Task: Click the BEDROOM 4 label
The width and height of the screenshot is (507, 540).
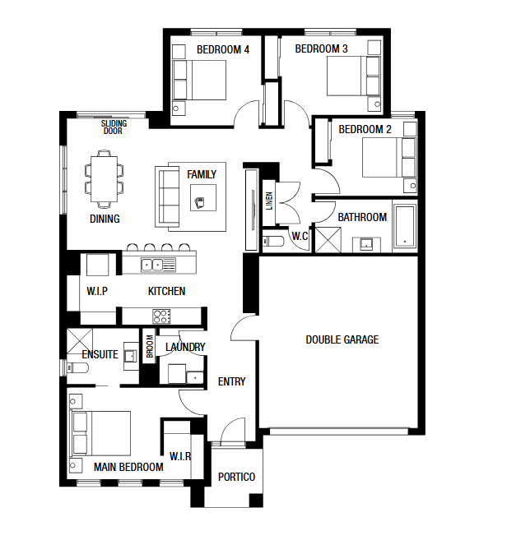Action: [223, 49]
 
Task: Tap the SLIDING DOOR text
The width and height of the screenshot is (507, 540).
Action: [114, 127]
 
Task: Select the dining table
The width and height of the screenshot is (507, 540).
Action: [105, 179]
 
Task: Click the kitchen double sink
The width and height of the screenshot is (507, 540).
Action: [152, 265]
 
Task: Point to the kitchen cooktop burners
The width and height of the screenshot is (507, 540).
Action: [161, 316]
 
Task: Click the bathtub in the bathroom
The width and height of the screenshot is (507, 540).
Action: [405, 226]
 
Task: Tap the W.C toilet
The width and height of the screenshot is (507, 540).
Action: [272, 241]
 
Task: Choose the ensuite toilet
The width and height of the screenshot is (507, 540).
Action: [77, 367]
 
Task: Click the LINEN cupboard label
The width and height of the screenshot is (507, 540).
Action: [269, 201]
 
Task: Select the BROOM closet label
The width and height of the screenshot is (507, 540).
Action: [150, 347]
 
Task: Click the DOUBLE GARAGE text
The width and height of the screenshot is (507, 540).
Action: [342, 339]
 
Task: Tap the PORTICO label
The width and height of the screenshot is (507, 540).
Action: [236, 477]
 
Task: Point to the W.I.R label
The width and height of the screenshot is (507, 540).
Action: [180, 457]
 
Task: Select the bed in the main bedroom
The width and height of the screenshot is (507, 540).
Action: [100, 433]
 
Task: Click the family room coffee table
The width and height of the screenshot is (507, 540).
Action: [203, 198]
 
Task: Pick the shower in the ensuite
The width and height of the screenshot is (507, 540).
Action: [80, 341]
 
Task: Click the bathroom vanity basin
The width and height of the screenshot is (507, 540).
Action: [366, 244]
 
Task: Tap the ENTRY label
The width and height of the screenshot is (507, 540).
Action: [232, 381]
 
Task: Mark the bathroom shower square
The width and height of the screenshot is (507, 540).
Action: [328, 240]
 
